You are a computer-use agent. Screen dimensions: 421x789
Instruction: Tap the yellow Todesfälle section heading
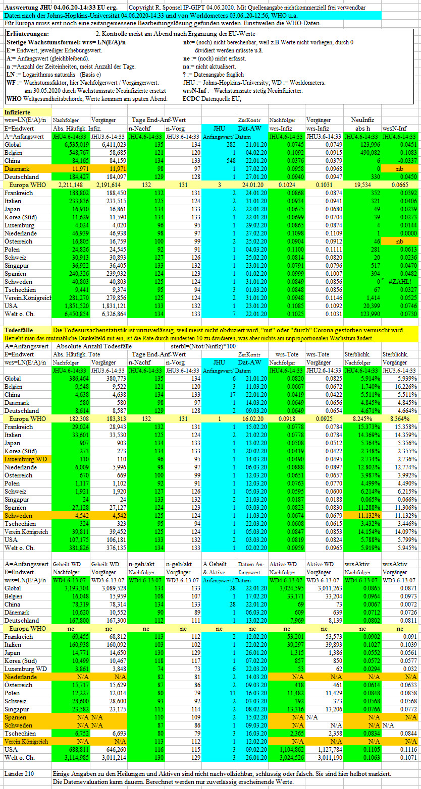click(19, 330)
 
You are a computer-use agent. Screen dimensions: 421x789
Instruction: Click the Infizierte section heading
click(17, 112)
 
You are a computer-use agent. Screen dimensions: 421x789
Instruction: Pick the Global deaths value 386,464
click(79, 378)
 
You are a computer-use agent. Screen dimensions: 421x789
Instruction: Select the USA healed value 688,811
click(79, 750)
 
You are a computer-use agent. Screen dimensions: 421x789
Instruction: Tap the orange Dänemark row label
click(17, 169)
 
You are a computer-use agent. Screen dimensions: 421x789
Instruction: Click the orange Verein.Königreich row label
click(26, 742)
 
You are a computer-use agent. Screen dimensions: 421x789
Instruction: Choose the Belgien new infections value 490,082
click(369, 153)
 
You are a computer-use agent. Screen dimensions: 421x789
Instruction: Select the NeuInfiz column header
click(362, 120)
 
